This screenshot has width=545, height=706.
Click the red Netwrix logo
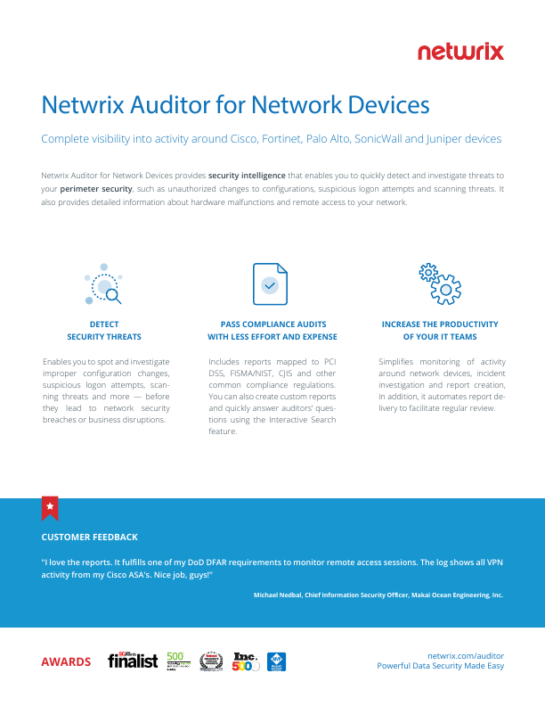tap(460, 52)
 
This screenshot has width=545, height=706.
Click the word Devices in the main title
tap(383, 105)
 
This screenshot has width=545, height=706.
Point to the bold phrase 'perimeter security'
tap(96, 189)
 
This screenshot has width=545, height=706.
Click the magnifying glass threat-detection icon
tap(104, 284)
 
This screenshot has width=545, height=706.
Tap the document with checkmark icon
tap(272, 284)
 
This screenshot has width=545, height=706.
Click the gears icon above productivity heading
tap(439, 284)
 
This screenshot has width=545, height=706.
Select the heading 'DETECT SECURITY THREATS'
tap(104, 331)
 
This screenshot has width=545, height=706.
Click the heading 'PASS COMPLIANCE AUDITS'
tap(272, 324)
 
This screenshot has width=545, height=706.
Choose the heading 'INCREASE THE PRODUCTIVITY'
tap(440, 324)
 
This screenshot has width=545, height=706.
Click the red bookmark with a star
tap(50, 507)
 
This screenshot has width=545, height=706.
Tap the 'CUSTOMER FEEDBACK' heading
tap(89, 538)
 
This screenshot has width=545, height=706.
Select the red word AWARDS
tap(66, 661)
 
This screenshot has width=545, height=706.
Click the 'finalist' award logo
tap(133, 661)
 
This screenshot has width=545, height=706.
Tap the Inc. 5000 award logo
tap(245, 661)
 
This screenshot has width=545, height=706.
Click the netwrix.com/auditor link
tap(466, 653)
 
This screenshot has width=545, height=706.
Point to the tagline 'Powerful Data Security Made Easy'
tap(440, 666)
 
